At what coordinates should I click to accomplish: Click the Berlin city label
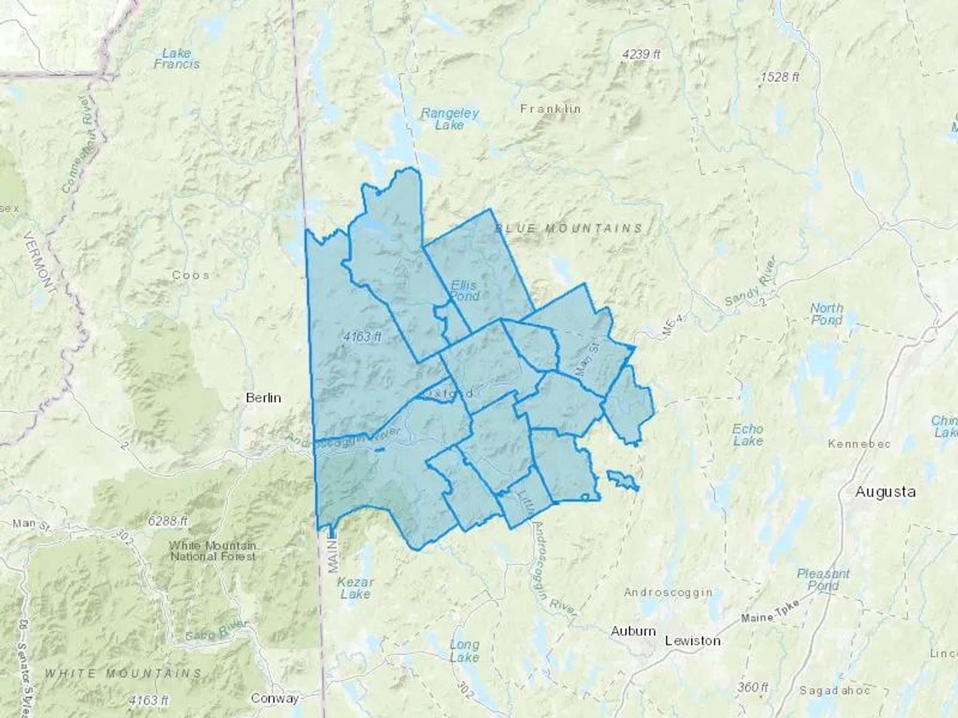[x=263, y=398]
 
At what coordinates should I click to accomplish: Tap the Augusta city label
[x=885, y=492]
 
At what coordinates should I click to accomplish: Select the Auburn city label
[x=633, y=631]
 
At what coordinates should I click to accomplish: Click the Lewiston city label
[x=692, y=641]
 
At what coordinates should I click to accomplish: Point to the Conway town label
[x=275, y=698]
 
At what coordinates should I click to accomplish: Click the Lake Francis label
[x=177, y=59]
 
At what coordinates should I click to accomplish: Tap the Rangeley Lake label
[x=450, y=119]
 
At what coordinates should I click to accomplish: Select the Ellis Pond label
[x=464, y=291]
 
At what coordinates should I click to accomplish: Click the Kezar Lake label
[x=355, y=588]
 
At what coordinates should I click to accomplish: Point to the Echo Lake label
[x=748, y=435]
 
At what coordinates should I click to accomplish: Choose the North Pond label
[x=827, y=314]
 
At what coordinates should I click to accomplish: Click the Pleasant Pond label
[x=823, y=580]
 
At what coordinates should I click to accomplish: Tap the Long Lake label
[x=464, y=651]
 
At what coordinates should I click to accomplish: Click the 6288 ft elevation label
[x=168, y=521]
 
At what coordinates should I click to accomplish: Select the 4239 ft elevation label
[x=641, y=54]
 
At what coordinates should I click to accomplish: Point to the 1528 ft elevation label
[x=779, y=77]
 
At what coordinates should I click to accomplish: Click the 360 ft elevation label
[x=753, y=687]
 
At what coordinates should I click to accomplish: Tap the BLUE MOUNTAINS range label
[x=569, y=229]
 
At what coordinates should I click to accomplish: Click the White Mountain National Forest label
[x=213, y=551]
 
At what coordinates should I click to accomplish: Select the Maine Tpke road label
[x=770, y=612]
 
